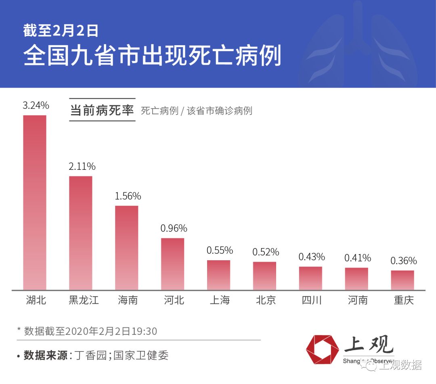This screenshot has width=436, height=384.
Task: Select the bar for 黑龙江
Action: coord(81,233)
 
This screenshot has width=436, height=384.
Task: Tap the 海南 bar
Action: coord(127,248)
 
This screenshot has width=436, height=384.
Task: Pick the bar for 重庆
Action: coord(402,280)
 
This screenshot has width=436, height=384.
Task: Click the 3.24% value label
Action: coord(36,106)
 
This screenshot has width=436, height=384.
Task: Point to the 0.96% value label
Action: coord(174,228)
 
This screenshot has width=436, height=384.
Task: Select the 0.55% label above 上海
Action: coord(220,250)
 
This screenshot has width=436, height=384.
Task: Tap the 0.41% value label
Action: coord(357,258)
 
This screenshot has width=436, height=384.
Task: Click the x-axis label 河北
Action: coord(174,301)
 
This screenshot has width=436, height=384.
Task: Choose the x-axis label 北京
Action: coord(266,301)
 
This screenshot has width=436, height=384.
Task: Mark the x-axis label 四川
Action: coord(312,301)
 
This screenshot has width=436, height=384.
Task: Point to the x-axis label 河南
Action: coord(358,301)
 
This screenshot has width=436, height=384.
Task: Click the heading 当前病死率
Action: coord(102,110)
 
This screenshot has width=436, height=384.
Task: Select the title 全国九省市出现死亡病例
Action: coord(152,56)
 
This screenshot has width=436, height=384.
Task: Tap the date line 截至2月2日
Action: coord(61,31)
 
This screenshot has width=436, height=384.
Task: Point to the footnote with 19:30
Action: coord(87,331)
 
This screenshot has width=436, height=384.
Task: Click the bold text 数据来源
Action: coord(45,355)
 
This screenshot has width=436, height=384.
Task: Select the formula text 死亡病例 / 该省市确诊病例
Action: coord(196,111)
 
